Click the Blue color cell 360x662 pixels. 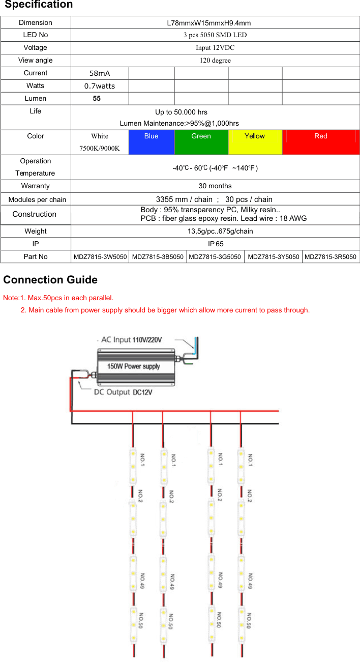(x=151, y=142)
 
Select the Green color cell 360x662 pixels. (x=201, y=142)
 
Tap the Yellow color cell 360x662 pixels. (x=255, y=142)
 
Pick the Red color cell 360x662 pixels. (x=321, y=142)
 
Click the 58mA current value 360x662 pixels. (x=100, y=73)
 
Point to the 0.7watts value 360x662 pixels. (x=100, y=86)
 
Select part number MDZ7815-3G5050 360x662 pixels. (x=215, y=257)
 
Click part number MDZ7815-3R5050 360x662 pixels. (x=331, y=257)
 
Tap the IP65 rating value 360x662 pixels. (x=216, y=244)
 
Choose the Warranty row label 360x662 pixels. (x=36, y=186)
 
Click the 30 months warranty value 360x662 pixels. (x=215, y=186)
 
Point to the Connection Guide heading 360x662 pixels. (x=50, y=279)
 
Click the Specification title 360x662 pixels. (x=39, y=5)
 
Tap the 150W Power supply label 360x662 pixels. (x=134, y=366)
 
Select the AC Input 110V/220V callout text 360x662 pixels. (x=131, y=340)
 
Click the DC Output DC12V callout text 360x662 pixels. (x=123, y=392)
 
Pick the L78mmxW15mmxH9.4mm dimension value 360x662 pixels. (x=209, y=23)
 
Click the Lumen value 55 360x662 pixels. (x=97, y=98)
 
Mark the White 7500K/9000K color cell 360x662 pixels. (x=100, y=142)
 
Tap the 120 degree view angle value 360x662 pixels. (x=215, y=60)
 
